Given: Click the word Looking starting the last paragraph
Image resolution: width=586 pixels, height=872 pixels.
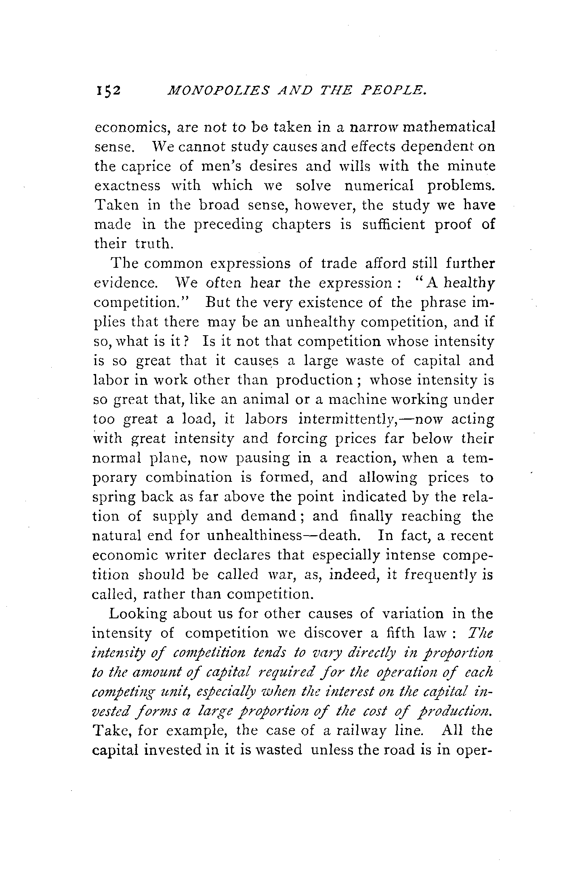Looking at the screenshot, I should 137,614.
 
